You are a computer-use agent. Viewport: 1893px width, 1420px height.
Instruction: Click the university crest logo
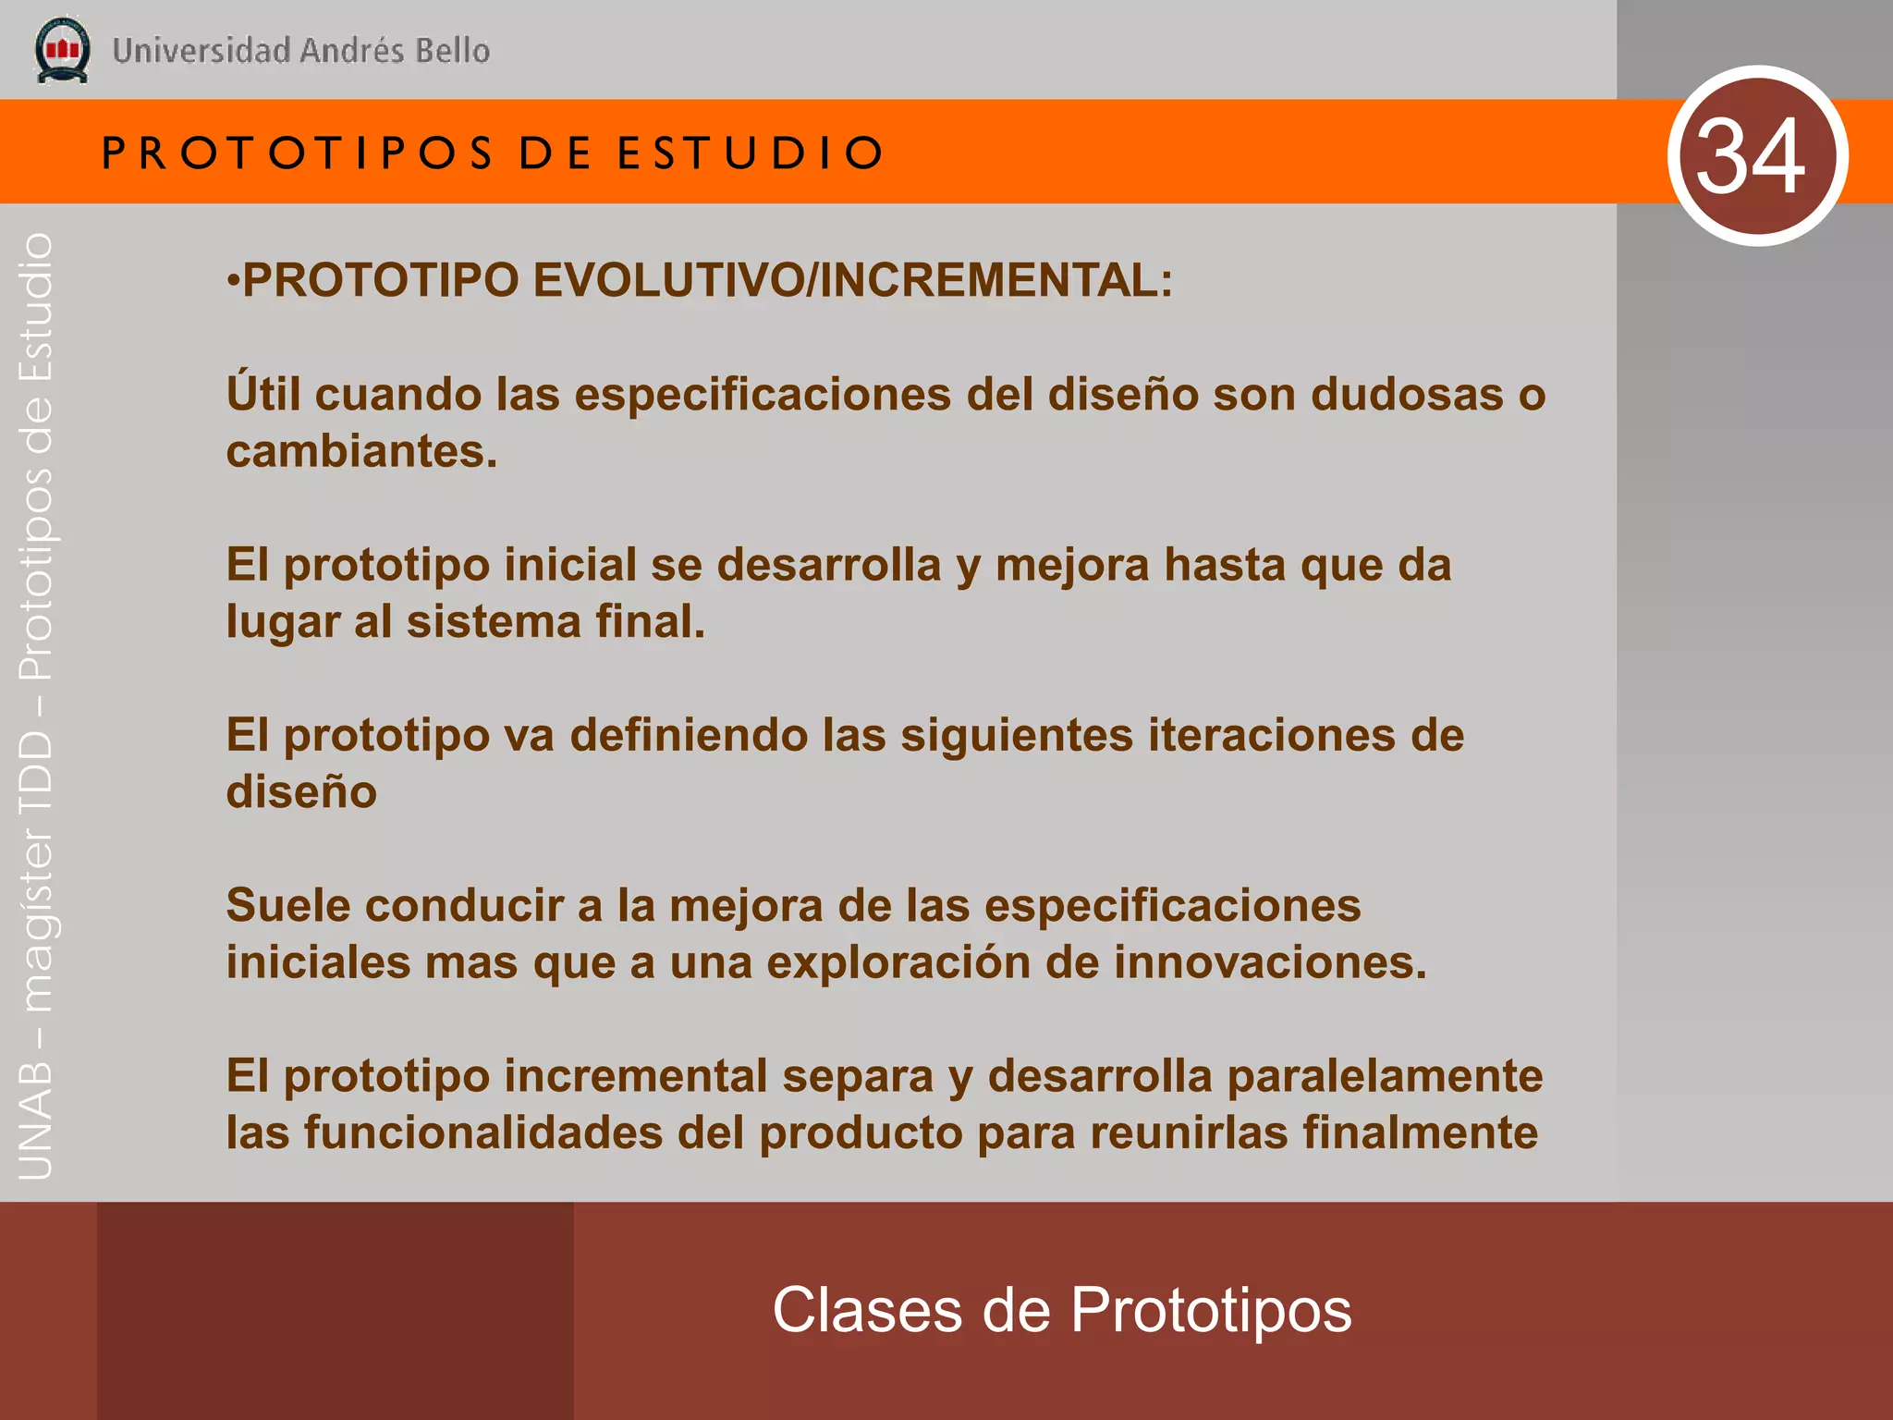tap(62, 49)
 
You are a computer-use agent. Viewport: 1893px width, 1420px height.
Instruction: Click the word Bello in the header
tap(452, 50)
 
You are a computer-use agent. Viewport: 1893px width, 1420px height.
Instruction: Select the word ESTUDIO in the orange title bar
tap(751, 153)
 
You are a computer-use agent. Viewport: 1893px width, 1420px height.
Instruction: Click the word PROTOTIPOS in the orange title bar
tap(298, 153)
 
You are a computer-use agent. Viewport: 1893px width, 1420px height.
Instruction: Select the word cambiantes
tap(361, 451)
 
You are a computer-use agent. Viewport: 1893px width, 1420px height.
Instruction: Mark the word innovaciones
tap(1270, 962)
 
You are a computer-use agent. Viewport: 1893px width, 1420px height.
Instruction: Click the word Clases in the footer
tap(866, 1310)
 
